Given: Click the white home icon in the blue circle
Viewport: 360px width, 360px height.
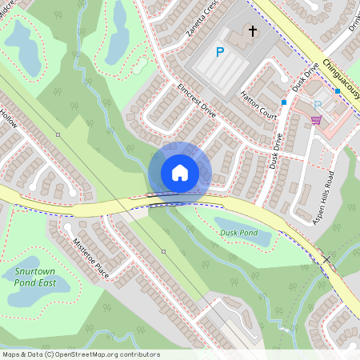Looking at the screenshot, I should (x=179, y=173).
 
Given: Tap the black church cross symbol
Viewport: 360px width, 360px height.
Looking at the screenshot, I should (x=253, y=32).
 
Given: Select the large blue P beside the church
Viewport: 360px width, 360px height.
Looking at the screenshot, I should (x=220, y=53).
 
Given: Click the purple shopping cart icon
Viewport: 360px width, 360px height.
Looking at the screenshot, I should (x=316, y=120).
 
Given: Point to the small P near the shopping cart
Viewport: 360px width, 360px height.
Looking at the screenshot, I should (x=318, y=105).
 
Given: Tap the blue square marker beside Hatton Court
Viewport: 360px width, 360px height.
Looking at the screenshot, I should (x=284, y=102).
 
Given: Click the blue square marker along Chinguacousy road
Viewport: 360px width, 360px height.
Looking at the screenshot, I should (x=338, y=91).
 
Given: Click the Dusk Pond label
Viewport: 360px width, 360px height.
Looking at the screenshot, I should (x=238, y=233).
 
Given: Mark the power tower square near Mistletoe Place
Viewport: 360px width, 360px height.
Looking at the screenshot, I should (x=163, y=251).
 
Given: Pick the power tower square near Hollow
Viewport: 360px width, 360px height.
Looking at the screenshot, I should (x=58, y=134).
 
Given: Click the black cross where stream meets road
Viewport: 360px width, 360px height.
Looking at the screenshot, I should (x=326, y=259).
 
